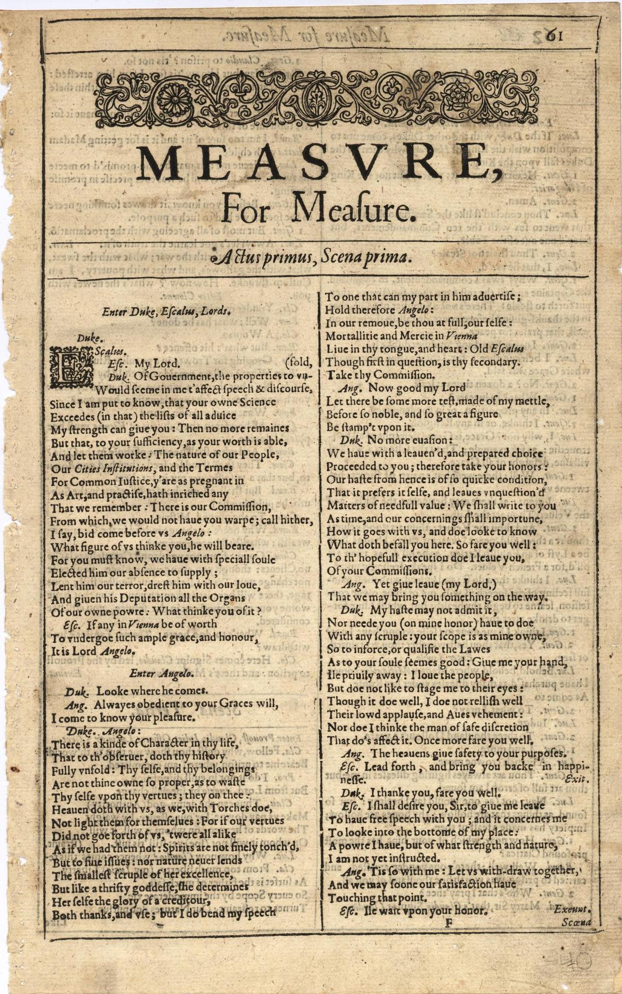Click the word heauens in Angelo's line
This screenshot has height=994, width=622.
[415, 753]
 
